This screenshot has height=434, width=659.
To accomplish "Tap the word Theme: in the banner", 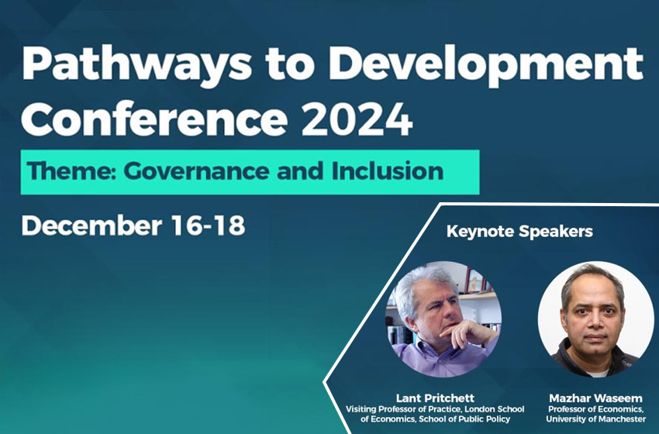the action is click(71, 171).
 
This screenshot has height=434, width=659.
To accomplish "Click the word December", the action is click(91, 226).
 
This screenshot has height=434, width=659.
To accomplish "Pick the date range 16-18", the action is click(209, 226).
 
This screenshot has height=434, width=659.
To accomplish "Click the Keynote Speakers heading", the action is click(519, 232).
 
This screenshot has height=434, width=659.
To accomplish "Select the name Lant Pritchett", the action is click(435, 398).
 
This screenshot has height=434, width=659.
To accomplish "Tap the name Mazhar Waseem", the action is click(595, 398).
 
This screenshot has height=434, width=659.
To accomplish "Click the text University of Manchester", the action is click(595, 418).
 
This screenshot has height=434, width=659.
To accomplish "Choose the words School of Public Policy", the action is click(464, 418).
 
